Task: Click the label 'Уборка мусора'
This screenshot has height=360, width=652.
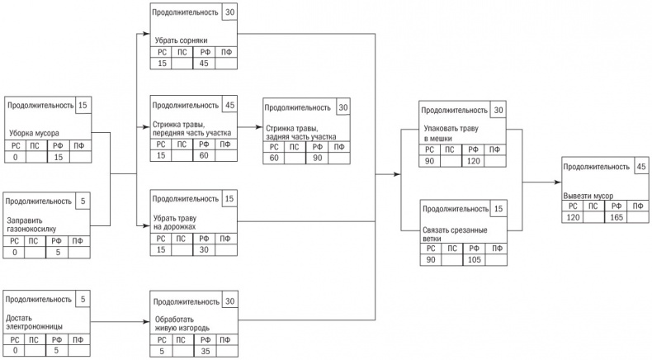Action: point(34,133)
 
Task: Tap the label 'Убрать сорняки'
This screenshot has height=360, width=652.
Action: point(181,40)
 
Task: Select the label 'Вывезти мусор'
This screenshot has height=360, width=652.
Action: point(588,196)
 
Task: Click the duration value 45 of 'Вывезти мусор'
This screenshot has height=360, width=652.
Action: point(641,167)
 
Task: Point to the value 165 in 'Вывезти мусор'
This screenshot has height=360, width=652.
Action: point(617,217)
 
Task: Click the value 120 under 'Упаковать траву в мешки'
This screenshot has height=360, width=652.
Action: point(473,161)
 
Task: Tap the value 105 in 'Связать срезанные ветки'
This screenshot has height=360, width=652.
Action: point(474,260)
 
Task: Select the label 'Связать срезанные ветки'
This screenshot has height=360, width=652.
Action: point(455,234)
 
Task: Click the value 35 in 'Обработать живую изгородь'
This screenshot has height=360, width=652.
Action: point(206,351)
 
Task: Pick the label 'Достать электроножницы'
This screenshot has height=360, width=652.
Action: point(34,323)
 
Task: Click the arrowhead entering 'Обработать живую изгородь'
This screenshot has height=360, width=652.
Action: point(147,322)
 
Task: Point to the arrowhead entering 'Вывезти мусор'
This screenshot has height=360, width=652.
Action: point(558,182)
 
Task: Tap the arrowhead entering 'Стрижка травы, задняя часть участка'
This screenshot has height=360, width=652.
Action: point(259,126)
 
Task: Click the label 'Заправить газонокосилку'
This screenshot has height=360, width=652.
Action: point(31,225)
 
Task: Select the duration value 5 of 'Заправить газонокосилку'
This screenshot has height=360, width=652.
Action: point(83,201)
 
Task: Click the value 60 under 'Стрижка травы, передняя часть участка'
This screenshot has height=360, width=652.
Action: point(204,156)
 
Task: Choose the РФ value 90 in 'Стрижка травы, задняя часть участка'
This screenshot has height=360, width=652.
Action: point(317,158)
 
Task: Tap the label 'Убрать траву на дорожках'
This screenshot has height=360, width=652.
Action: point(175,222)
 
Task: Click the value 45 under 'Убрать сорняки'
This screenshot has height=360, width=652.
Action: point(204,64)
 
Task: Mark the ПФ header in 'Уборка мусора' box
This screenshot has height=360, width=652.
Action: point(78,145)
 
